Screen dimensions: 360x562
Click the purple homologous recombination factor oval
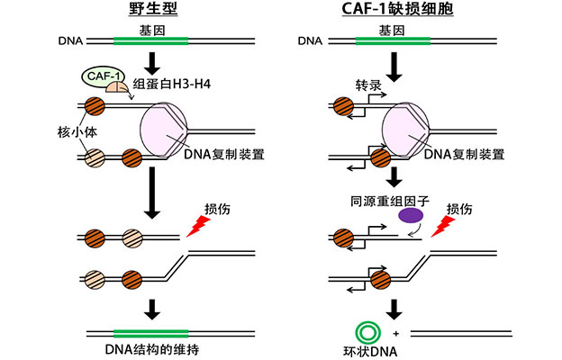pyautogui.click(x=412, y=215)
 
